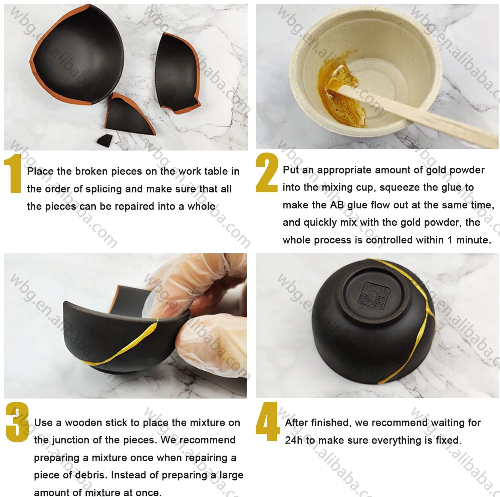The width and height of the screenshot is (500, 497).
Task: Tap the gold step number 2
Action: point(266,173)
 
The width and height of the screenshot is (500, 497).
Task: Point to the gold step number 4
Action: point(267,421)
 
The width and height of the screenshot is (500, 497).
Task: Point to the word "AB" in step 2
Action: point(337,205)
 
